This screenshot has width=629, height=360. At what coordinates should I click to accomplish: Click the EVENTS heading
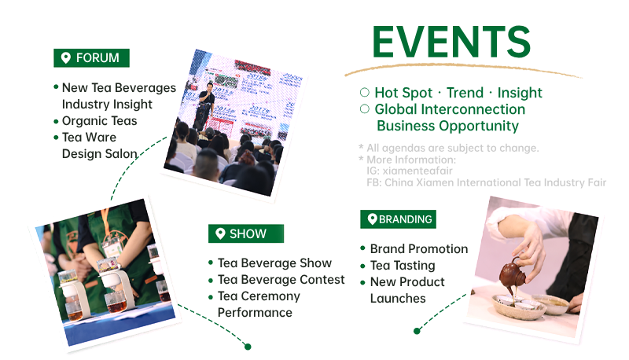click(451, 42)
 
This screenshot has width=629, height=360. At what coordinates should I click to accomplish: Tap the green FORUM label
click(91, 58)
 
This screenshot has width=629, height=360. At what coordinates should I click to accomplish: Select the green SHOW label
click(246, 233)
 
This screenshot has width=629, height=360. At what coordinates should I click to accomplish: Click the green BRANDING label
click(398, 219)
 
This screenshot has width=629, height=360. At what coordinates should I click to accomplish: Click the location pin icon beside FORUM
click(66, 58)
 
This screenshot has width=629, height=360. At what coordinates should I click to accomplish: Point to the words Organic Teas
click(100, 121)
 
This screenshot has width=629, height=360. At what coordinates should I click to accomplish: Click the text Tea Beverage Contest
click(281, 279)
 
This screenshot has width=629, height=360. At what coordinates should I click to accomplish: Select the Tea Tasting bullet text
click(403, 266)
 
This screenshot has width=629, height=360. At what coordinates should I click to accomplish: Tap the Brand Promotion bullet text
click(419, 249)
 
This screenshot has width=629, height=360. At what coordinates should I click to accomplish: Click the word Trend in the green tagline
click(465, 93)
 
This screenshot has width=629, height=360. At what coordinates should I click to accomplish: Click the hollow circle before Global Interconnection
click(365, 109)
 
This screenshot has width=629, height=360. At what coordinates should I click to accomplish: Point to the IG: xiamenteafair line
click(409, 171)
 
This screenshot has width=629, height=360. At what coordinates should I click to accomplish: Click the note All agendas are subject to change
click(453, 148)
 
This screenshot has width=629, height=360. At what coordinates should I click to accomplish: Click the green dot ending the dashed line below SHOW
click(248, 347)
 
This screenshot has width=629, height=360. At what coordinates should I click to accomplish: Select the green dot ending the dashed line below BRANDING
click(417, 331)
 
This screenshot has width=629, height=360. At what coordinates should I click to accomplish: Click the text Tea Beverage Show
click(274, 263)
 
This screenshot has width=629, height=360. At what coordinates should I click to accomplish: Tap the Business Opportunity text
click(447, 126)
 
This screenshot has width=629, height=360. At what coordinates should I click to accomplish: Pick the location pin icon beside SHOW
click(220, 233)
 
